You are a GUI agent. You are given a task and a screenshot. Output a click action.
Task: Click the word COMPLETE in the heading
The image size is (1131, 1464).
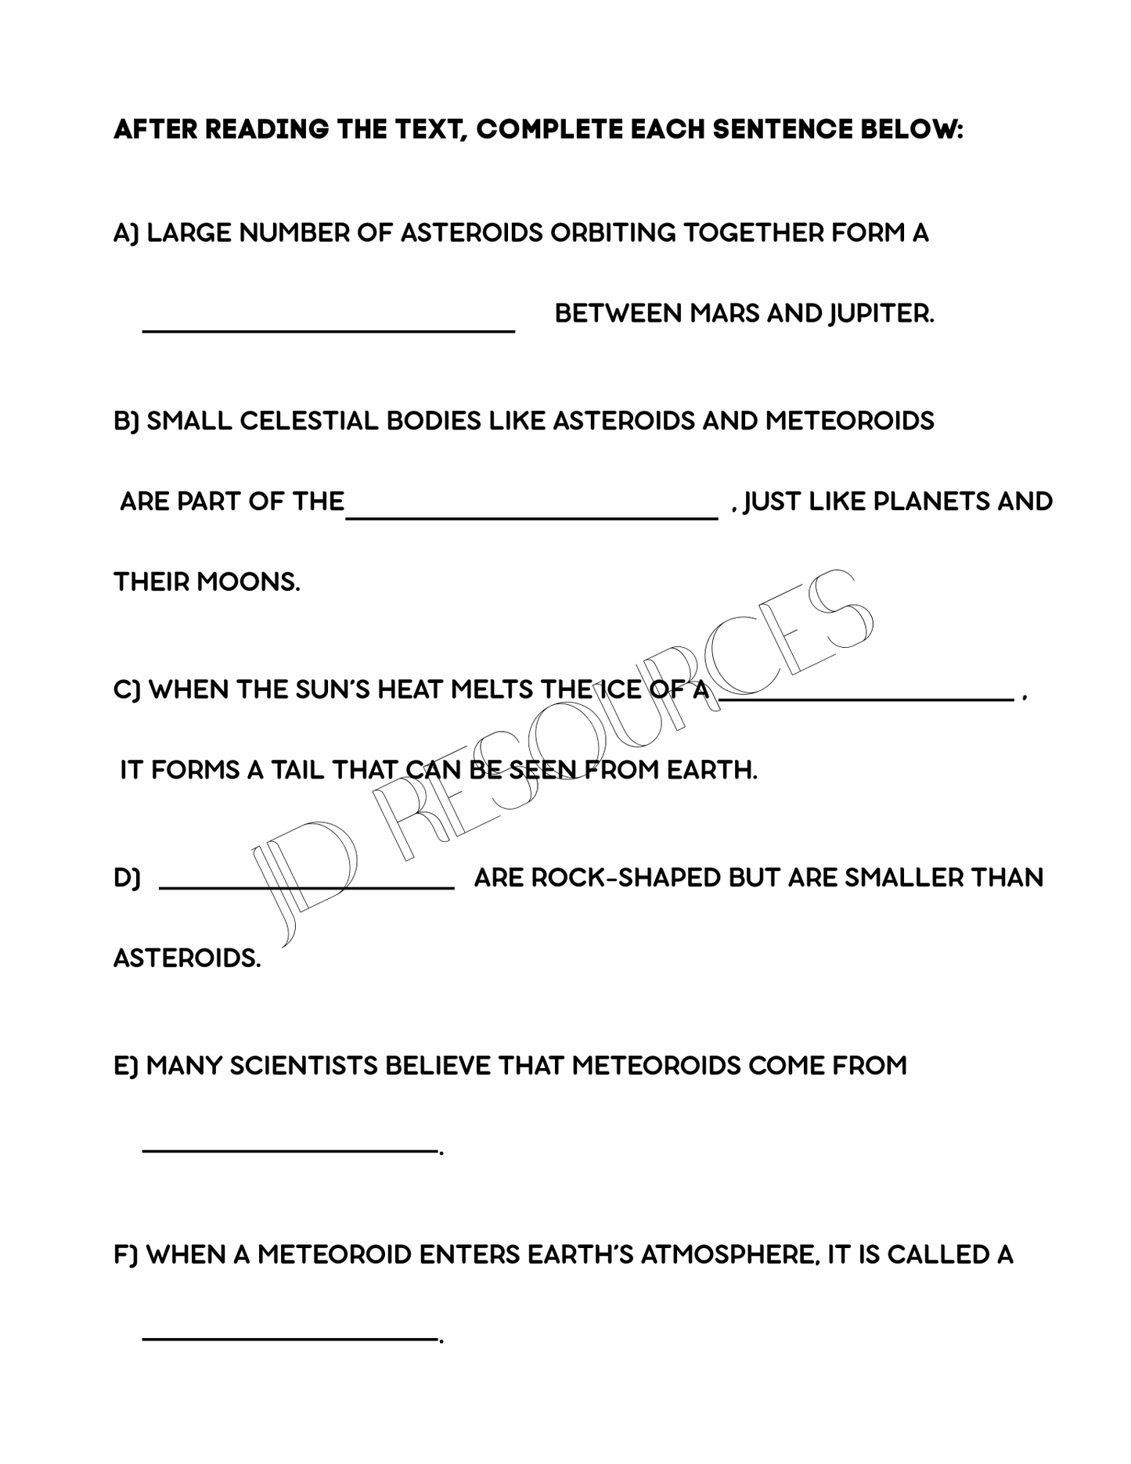(x=549, y=130)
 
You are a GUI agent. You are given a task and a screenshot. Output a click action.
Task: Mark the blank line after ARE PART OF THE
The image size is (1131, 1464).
(x=531, y=516)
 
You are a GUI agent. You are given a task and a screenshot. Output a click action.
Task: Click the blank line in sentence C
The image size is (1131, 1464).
(x=866, y=702)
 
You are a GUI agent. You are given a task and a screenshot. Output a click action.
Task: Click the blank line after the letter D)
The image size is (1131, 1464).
(x=306, y=887)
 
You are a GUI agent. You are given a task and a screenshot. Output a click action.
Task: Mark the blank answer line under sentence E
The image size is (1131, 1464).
(x=289, y=1150)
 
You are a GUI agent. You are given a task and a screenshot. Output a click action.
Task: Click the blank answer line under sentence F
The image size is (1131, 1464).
(x=289, y=1339)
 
